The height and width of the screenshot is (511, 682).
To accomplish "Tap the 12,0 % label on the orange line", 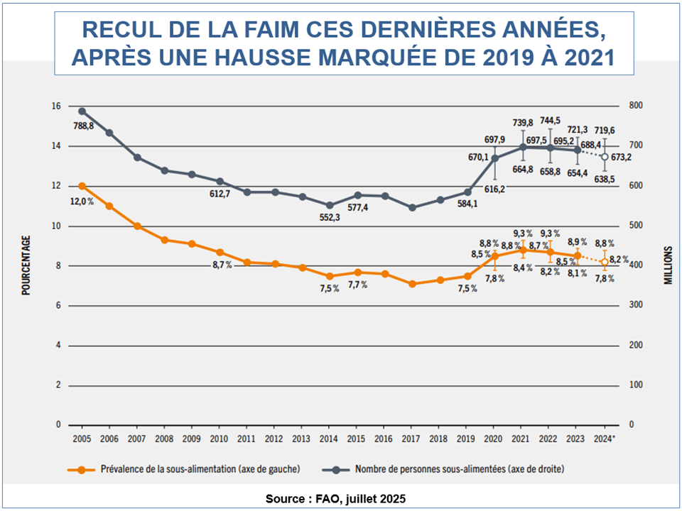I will tap(82, 201).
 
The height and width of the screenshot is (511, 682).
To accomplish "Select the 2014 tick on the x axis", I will tap(330, 438).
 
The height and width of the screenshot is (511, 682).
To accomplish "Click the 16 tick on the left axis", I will tap(55, 106).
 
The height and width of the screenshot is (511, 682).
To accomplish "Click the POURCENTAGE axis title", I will tap(26, 265).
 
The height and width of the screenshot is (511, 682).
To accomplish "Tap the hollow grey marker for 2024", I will tap(605, 157).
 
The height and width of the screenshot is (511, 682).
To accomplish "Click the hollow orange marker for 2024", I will tap(605, 262).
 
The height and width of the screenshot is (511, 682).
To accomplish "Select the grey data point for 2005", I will tap(82, 111).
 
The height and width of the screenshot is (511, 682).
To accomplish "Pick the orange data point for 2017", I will tap(412, 283).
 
